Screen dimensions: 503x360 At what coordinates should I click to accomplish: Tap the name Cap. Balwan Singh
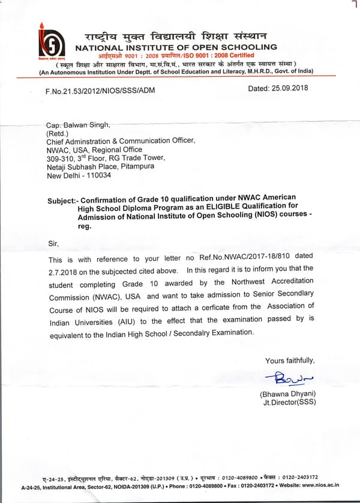(x=78, y=125)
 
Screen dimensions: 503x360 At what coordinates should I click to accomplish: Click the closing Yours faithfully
(x=290, y=360)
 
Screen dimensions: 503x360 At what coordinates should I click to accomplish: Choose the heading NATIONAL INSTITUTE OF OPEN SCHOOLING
(x=176, y=47)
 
